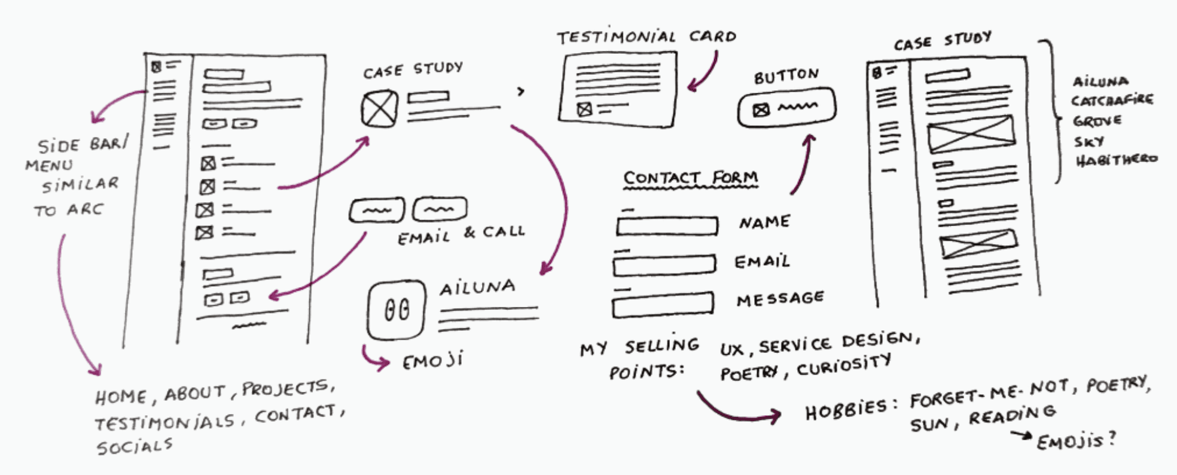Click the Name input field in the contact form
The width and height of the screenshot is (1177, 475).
coord(667,226)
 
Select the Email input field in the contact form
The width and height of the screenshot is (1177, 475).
coord(664,264)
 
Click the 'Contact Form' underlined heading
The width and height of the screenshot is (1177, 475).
coord(690,178)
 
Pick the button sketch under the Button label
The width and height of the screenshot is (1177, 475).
coord(786,108)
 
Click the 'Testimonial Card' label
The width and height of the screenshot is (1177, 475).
coord(646,37)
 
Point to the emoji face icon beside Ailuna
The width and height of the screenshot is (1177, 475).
coord(397,310)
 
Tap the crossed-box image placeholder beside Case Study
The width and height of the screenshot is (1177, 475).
coord(379,109)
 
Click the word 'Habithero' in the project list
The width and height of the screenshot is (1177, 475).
coord(1116,160)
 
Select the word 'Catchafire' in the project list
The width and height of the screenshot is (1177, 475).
coord(1112,100)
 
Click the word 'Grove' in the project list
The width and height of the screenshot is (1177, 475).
coord(1097,121)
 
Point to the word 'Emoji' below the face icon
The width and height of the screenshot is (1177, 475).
coord(432,361)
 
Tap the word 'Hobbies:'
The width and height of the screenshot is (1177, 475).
coord(850,410)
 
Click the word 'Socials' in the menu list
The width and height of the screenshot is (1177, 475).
coord(135,446)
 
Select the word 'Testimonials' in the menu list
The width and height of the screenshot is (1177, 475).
coord(165,422)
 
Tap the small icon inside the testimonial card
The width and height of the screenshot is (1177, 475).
coord(584,109)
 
